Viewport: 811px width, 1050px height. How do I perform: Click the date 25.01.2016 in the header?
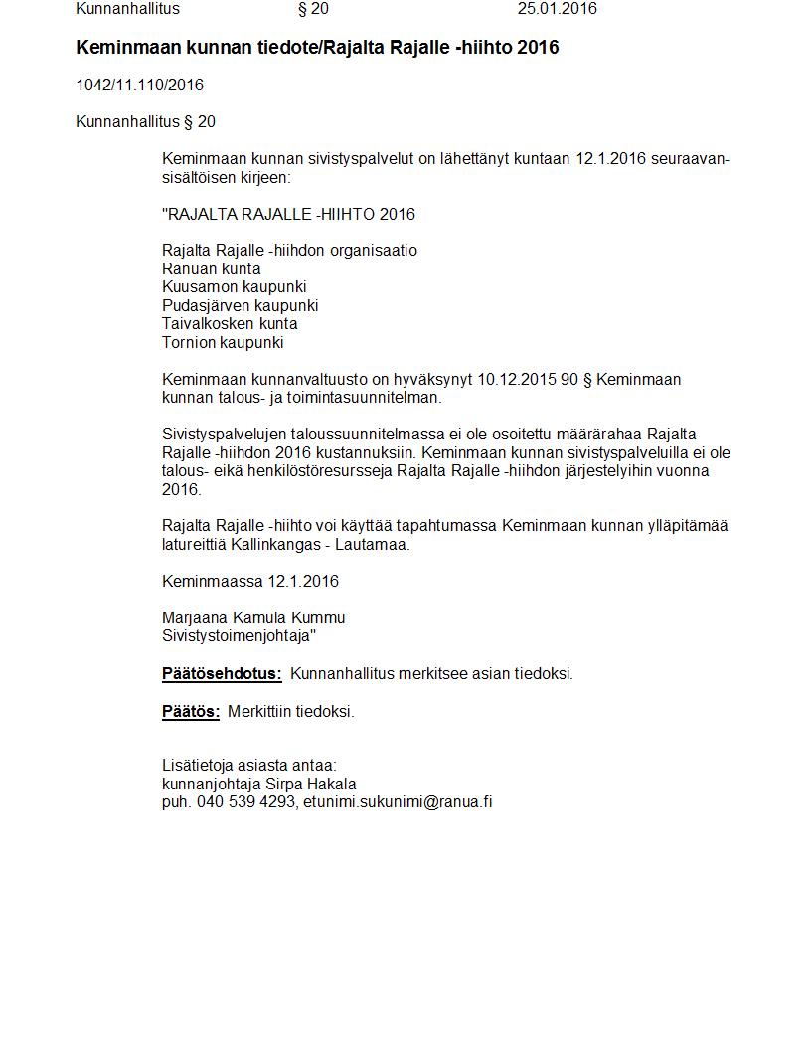557,9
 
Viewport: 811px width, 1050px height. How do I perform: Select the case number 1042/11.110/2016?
139,86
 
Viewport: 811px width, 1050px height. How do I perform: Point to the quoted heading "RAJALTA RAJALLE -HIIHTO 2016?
288,214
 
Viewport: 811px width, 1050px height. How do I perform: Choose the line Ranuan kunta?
211,268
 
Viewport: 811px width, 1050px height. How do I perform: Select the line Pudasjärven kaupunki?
240,305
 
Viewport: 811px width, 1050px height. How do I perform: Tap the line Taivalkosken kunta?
230,323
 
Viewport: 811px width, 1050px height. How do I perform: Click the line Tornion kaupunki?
223,342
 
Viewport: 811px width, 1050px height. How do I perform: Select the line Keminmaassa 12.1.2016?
249,581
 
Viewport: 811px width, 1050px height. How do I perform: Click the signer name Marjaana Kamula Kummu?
253,617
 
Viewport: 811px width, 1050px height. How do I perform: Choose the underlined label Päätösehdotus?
222,674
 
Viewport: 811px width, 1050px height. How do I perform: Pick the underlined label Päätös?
191,711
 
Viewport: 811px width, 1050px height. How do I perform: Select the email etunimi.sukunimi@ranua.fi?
398,802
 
